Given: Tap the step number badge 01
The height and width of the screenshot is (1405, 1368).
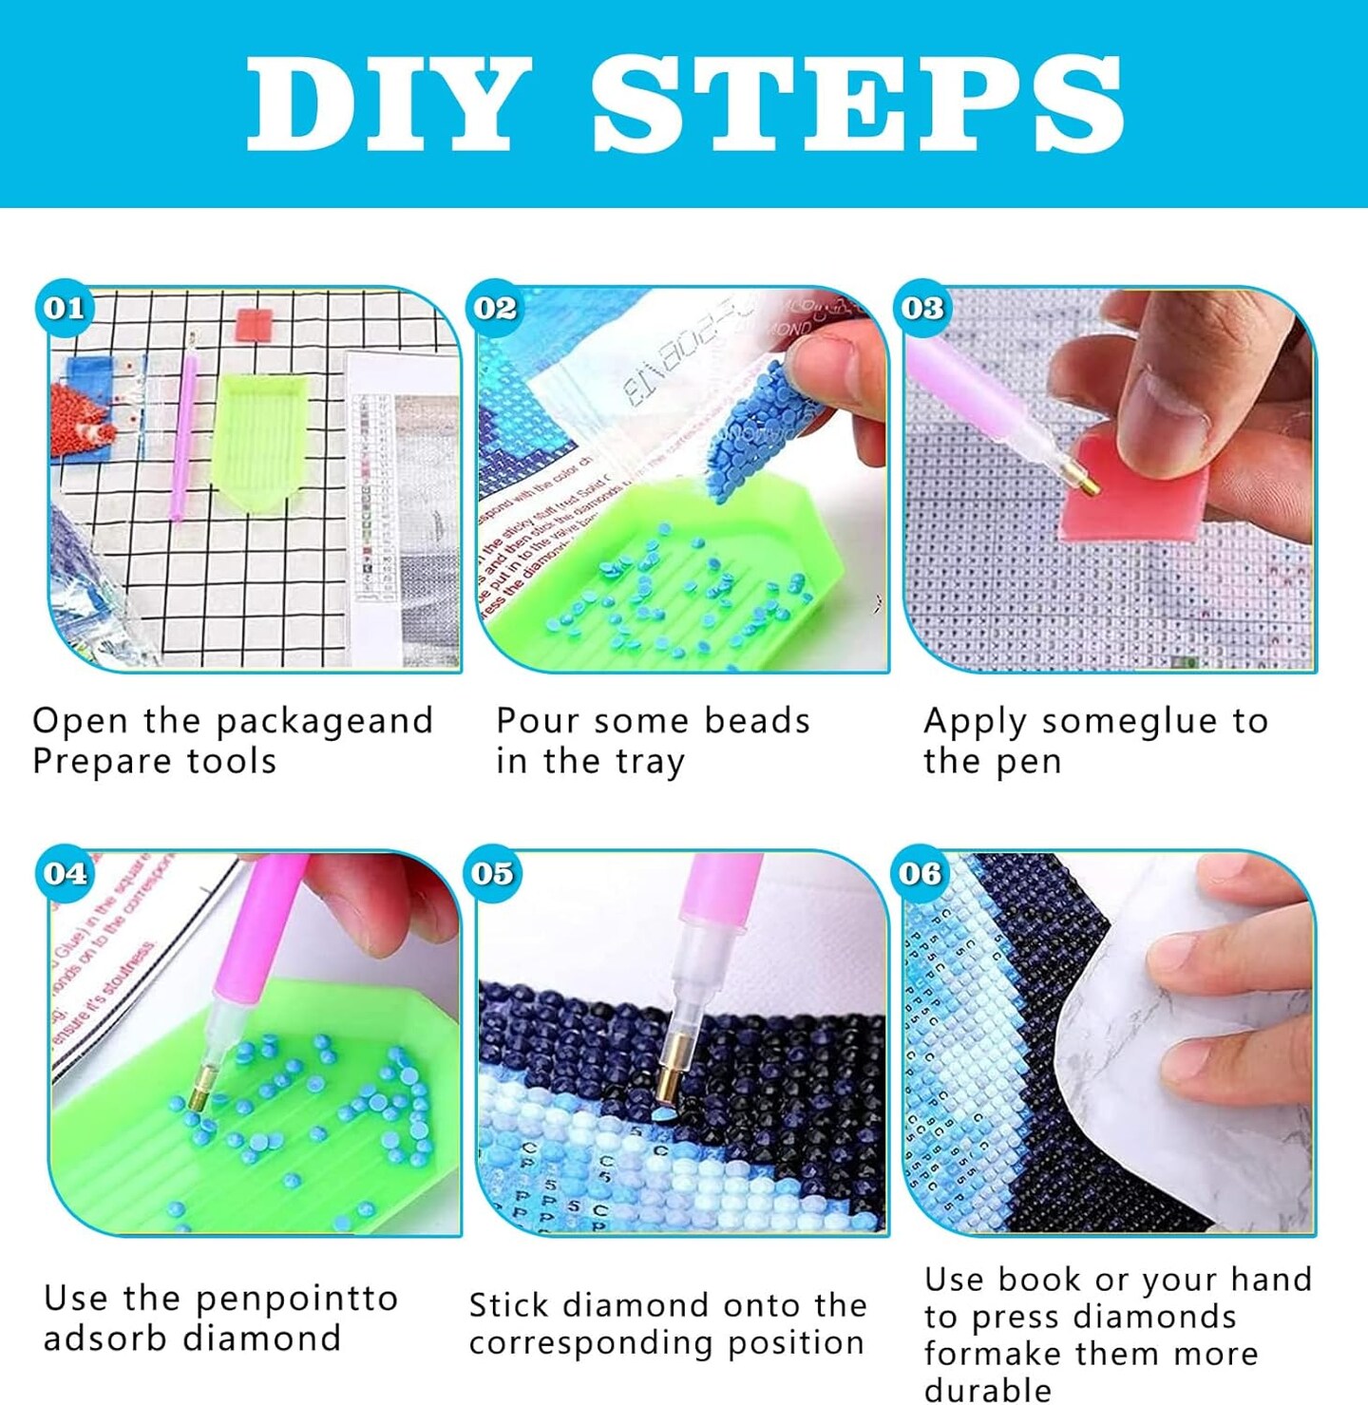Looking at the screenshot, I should [x=65, y=308].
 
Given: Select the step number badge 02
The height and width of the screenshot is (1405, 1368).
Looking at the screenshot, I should [x=495, y=308].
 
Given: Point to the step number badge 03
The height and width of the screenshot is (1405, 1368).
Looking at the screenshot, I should [x=922, y=308].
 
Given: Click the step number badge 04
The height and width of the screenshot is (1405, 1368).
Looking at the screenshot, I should [x=65, y=872].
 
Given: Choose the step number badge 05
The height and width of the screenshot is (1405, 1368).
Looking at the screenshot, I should [x=492, y=872].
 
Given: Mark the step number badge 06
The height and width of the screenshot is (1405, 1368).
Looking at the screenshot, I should [x=920, y=872].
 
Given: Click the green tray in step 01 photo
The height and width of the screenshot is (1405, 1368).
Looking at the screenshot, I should [x=259, y=432].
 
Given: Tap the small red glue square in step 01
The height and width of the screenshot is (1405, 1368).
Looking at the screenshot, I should [x=254, y=325].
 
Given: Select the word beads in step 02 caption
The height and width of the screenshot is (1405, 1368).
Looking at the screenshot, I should [x=756, y=721].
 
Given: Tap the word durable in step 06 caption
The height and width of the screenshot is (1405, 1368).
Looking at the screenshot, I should [x=987, y=1389].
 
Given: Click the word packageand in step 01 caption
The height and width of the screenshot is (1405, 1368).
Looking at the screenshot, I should [x=324, y=722].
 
